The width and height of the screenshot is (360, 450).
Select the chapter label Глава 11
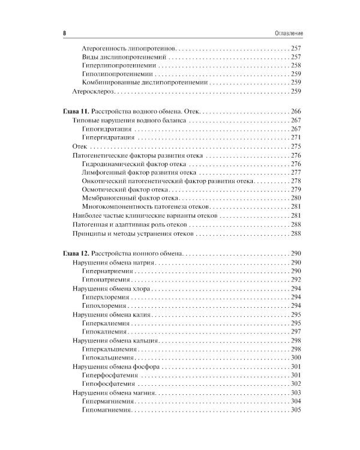point(76,112)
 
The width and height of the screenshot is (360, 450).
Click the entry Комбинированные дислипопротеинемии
point(145,82)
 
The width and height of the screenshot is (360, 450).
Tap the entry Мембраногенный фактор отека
point(130,198)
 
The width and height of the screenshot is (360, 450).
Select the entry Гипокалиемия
point(105,331)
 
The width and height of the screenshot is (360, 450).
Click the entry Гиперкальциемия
point(112,349)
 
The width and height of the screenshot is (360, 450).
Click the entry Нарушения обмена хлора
point(111,289)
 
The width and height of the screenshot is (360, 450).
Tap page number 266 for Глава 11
point(295,112)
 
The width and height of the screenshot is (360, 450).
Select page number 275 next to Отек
point(295,146)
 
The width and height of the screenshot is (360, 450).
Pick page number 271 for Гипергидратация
point(295,137)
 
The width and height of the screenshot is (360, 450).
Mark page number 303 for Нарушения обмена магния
point(295,392)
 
